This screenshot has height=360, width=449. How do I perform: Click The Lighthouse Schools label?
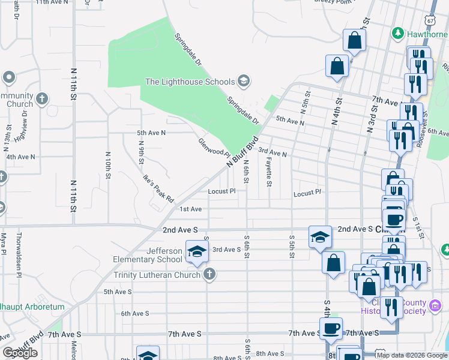point(190,82)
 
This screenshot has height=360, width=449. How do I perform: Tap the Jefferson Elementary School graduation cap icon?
point(196,253)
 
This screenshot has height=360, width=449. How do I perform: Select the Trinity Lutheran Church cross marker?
point(209,275)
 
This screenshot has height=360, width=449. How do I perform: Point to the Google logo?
point(20,353)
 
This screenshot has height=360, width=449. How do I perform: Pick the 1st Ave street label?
point(191,209)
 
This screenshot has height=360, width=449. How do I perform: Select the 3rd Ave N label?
point(273,153)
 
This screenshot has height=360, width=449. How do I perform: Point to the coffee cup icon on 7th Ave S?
point(331,328)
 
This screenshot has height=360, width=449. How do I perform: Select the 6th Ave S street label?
point(134,313)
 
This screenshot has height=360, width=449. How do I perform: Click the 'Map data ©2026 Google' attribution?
point(412,355)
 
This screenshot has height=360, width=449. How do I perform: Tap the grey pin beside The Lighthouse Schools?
point(243,80)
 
